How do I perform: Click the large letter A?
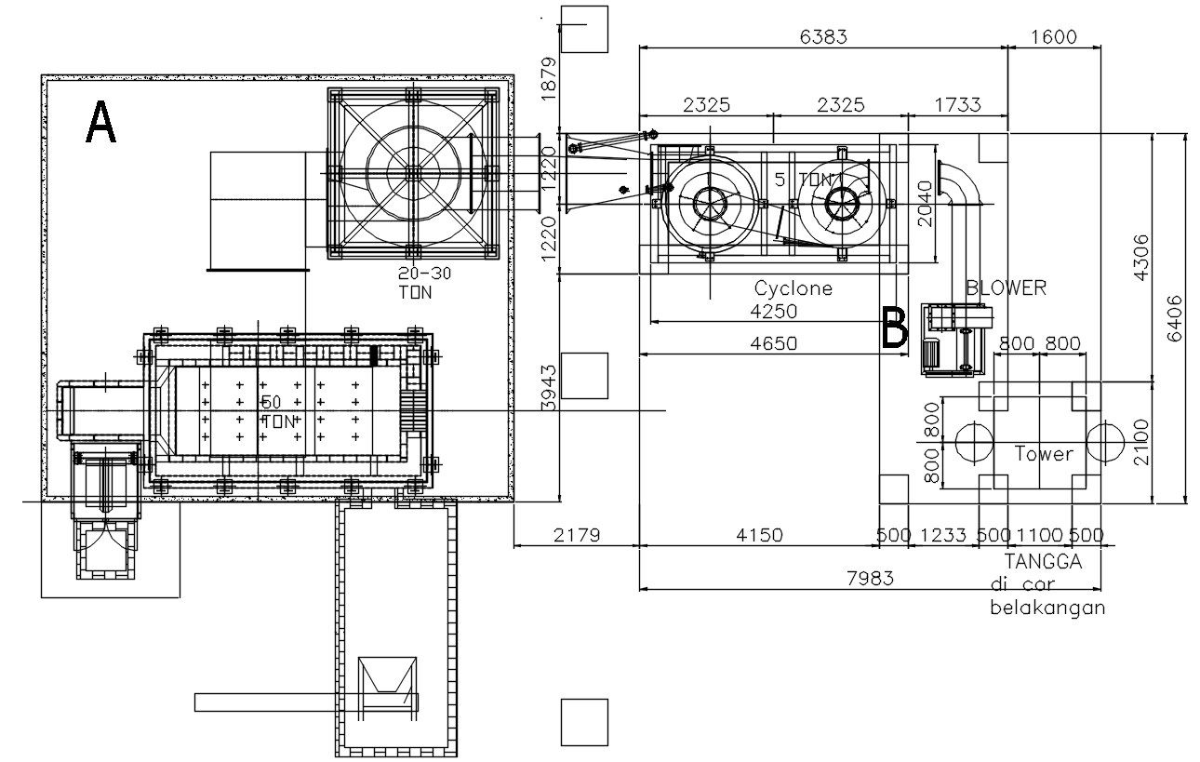[100, 123]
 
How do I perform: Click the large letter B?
[895, 328]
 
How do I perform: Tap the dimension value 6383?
[823, 37]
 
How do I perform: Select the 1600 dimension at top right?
[1053, 37]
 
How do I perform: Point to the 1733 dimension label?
[958, 104]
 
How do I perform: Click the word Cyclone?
[793, 288]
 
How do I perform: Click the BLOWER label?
[1007, 288]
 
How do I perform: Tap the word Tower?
[1044, 454]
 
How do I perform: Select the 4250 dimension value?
[774, 312]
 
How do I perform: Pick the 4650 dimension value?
[774, 343]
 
